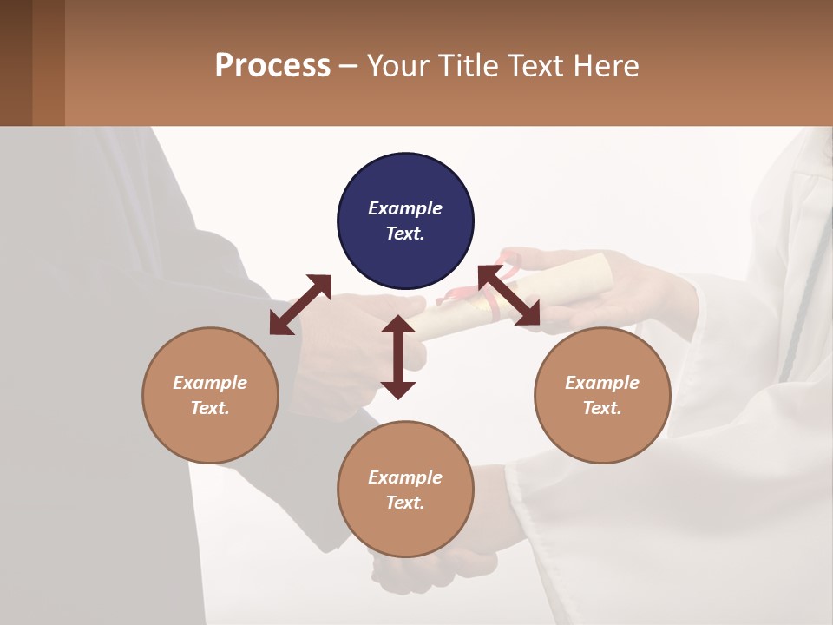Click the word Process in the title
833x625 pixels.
[x=272, y=65]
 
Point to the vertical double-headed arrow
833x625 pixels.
[x=398, y=357]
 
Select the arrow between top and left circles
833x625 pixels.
[x=300, y=304]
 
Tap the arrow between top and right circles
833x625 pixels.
[x=509, y=296]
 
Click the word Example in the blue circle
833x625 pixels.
[x=405, y=208]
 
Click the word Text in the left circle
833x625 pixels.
[x=210, y=408]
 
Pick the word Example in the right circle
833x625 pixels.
[x=602, y=383]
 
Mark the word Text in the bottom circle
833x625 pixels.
[x=405, y=503]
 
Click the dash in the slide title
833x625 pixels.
[x=348, y=66]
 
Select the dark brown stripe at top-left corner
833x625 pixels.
[x=16, y=62]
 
